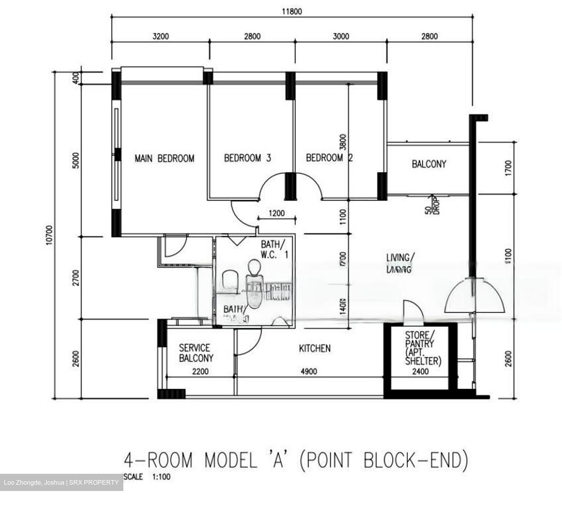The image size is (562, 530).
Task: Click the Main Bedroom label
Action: click(x=164, y=158)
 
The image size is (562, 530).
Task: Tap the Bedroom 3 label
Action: click(x=247, y=158)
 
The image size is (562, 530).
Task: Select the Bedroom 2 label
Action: click(x=329, y=158)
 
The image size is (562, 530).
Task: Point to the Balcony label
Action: click(x=429, y=164)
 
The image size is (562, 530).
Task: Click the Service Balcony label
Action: click(x=196, y=353)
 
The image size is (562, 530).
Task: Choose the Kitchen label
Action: click(x=315, y=348)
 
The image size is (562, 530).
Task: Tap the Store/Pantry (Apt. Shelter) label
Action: click(x=423, y=348)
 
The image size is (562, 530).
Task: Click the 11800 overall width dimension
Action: click(x=292, y=12)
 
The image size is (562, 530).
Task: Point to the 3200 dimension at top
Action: click(x=160, y=37)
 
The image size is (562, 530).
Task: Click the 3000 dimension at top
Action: click(x=340, y=37)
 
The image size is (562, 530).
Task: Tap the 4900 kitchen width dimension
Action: click(x=309, y=372)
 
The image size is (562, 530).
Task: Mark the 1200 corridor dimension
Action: click(x=277, y=213)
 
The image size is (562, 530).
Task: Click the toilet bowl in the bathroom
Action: click(x=254, y=289)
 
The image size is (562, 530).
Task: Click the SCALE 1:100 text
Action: click(x=147, y=477)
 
